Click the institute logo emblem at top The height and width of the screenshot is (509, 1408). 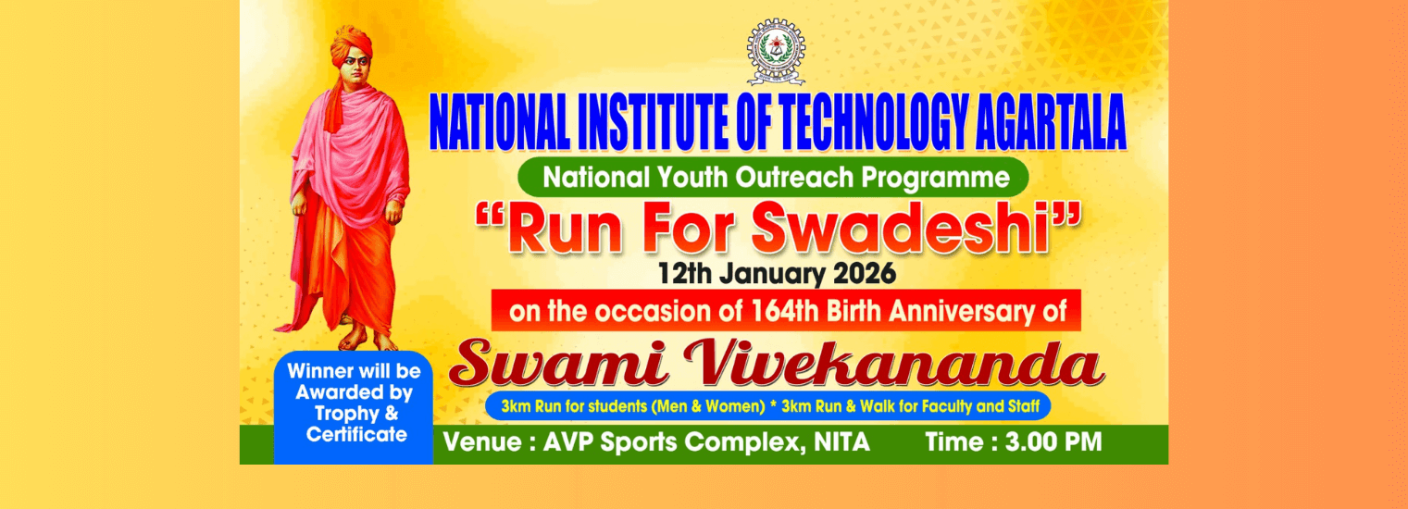[776, 52]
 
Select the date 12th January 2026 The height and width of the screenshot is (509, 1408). [777, 274]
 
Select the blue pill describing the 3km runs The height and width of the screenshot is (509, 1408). [767, 405]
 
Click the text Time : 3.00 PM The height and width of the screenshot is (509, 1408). [1014, 442]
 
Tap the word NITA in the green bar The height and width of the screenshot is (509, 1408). [841, 442]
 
